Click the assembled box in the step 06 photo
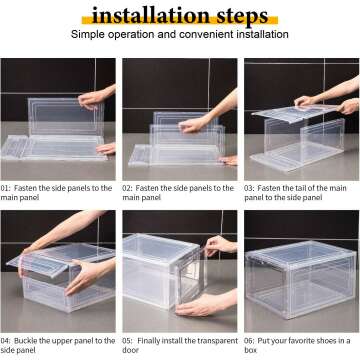300,275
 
